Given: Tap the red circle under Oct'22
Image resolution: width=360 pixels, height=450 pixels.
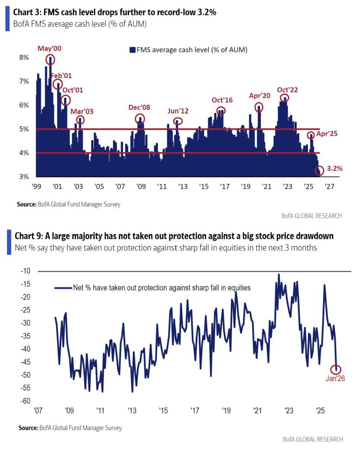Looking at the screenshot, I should [x=284, y=98].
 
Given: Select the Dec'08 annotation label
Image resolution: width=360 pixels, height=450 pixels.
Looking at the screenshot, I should [x=139, y=108].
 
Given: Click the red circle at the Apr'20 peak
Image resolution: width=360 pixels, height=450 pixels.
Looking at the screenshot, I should [x=259, y=107].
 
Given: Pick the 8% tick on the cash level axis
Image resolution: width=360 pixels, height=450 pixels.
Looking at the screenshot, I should [x=23, y=58].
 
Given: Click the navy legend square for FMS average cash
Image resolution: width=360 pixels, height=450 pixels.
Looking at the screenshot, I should [x=133, y=50].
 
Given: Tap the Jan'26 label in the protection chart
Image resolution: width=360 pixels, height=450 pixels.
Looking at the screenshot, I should [x=335, y=379].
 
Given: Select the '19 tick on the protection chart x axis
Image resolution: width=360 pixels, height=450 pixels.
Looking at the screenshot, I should [x=226, y=410].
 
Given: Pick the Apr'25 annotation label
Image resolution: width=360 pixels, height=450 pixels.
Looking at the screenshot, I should [x=328, y=134].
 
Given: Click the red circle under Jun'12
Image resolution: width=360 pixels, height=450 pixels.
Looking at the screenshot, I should [x=178, y=121].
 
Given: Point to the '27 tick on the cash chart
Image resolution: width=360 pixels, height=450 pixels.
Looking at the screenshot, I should [x=329, y=186].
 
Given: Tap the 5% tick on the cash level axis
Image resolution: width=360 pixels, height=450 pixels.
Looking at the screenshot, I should [x=23, y=129].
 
